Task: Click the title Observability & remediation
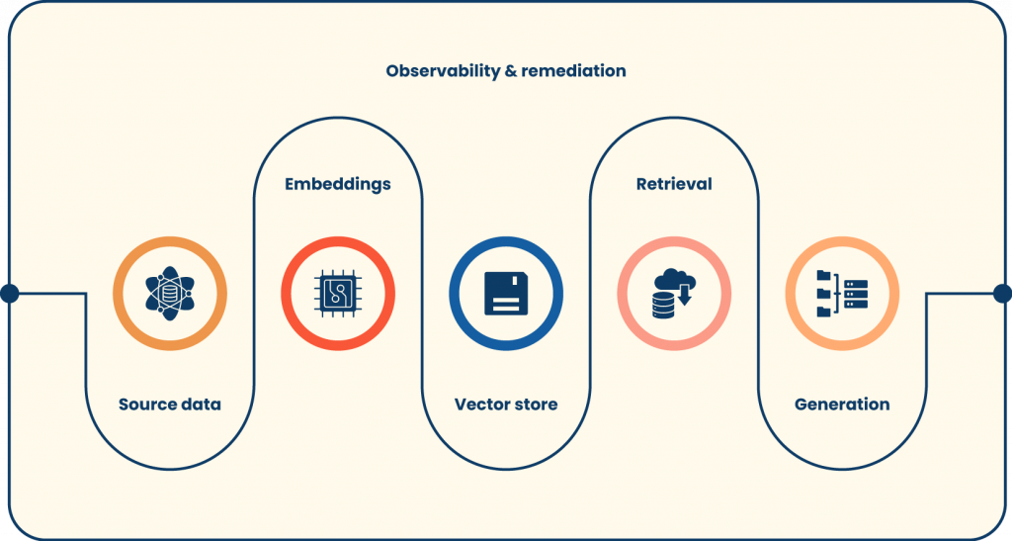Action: pos(505,71)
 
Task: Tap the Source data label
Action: pos(170,405)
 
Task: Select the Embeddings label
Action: pos(338,184)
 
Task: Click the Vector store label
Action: pos(506,405)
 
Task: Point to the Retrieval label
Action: pos(674,184)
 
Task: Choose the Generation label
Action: pos(842,405)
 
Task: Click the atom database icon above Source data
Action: pos(170,294)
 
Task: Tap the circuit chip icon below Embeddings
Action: pos(338,294)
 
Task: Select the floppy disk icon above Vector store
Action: pos(506,294)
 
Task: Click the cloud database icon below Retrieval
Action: pos(673,294)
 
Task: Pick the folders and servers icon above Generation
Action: pos(842,294)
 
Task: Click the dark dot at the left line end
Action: pos(9,293)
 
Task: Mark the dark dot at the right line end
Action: pos(1002,293)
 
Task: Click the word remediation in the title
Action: pos(580,71)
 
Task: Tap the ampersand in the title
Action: pos(524,71)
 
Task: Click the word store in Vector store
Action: pos(535,405)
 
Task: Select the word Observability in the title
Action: pos(449,71)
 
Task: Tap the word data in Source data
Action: pos(200,405)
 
